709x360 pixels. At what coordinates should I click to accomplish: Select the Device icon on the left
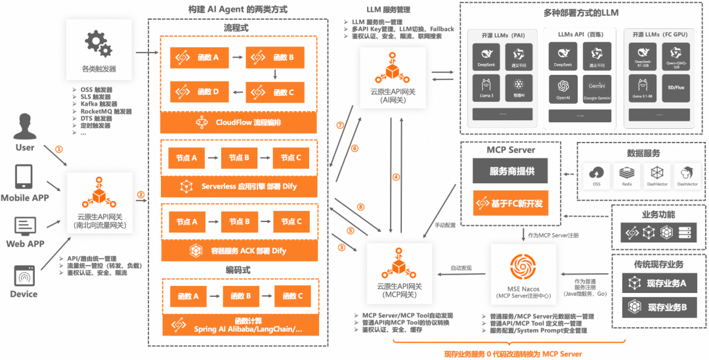pos(24,275)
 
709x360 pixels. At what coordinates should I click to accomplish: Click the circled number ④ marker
pos(396,177)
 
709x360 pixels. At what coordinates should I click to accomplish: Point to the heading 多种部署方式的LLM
pos(580,12)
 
